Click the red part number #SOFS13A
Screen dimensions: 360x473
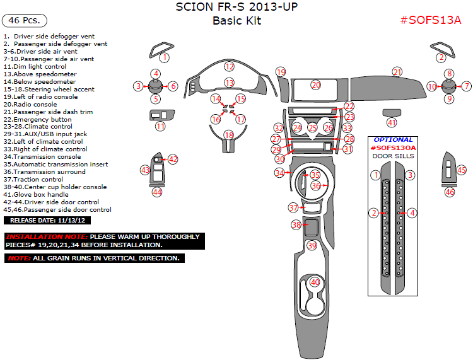tap(431, 20)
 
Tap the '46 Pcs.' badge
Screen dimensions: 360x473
tap(25, 20)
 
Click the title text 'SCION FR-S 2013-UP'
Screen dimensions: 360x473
tap(237, 8)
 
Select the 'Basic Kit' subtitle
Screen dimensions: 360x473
tap(237, 21)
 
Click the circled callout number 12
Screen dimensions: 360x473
tap(230, 66)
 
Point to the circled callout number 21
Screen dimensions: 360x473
tap(397, 72)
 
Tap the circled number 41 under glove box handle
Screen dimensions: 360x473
tap(392, 122)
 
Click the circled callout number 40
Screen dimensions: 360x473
tap(315, 282)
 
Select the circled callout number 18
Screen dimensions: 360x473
tap(229, 135)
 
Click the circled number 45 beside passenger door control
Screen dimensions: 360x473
tap(462, 170)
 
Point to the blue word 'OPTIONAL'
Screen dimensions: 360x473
tap(393, 140)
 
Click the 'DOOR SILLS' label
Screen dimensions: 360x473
tap(393, 156)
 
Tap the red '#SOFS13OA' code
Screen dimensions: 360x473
tap(393, 148)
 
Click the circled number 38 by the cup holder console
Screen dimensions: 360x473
tap(296, 224)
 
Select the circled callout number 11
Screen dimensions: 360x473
tap(160, 126)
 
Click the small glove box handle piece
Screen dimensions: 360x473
tap(392, 112)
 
